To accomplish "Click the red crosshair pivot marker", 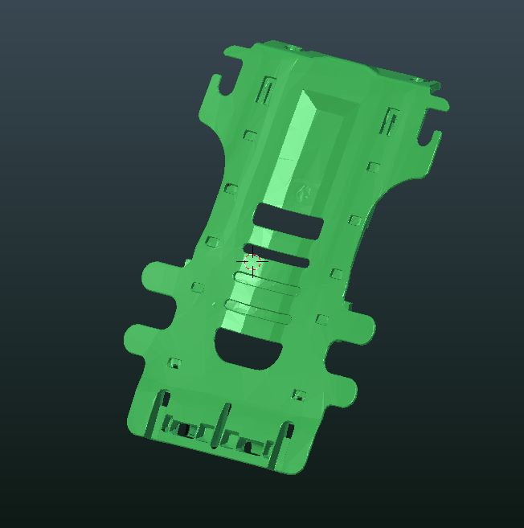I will pos(252,262).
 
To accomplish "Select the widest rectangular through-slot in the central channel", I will pos(289,221).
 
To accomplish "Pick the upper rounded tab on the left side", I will pos(158,278).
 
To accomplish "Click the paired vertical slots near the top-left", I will pos(265,91).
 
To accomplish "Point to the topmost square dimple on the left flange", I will pos(250,136).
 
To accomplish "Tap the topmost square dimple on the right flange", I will pos(373,167).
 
